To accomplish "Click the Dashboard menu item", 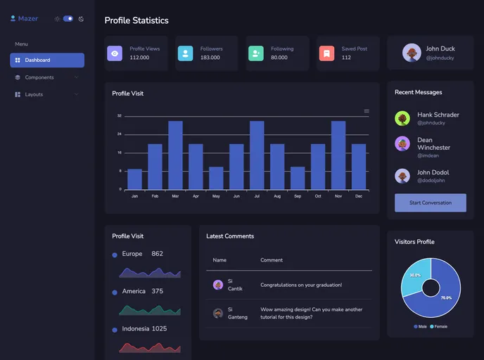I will coord(46,60).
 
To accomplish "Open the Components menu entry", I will coord(39,77).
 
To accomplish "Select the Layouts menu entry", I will coord(34,94).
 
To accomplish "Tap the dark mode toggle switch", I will coord(68,19).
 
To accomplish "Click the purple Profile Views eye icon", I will coord(115,53).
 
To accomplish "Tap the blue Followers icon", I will coord(185,53).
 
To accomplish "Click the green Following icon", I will coord(255,53).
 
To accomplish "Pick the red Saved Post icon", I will coord(326,53).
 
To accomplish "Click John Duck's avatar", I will coord(412,53).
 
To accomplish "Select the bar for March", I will coord(175,155).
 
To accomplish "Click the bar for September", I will coord(298,178).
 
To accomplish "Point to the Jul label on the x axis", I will coord(257,196).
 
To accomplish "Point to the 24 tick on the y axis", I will coord(120,134).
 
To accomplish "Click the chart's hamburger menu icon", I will coord(367,111).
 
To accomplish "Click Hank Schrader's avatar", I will coord(402,118).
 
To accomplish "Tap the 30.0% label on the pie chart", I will coord(415,275).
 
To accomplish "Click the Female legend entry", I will coord(438,326).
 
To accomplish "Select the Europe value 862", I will coord(157,254).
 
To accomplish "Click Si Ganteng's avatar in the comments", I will coord(218,313).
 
